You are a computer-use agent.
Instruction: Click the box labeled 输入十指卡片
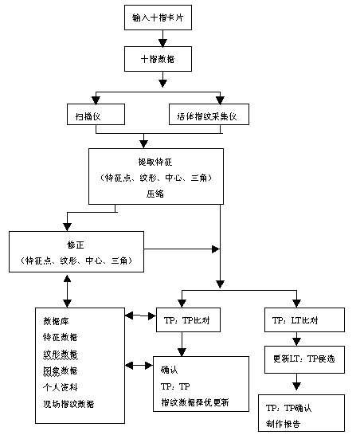[x=162, y=16]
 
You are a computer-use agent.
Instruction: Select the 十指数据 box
[x=162, y=57]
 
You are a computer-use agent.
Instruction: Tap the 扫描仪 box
[x=96, y=116]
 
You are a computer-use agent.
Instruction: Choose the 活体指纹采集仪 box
[x=209, y=116]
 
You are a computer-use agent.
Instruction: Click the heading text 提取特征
[x=155, y=162]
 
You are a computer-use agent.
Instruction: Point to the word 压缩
[x=155, y=194]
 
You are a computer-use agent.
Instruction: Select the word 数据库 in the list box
[x=55, y=321]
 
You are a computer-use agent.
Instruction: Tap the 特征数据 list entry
[x=60, y=338]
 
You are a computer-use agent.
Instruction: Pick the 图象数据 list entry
[x=60, y=370]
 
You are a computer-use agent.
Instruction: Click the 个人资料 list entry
[x=60, y=387]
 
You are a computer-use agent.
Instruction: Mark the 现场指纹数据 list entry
[x=68, y=404]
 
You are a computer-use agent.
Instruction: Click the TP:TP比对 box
[x=187, y=319]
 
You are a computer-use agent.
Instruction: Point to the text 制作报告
[x=284, y=424]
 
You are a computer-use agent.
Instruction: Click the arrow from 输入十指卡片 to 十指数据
[x=162, y=37]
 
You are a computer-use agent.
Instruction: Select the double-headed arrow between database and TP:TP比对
[x=140, y=316]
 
